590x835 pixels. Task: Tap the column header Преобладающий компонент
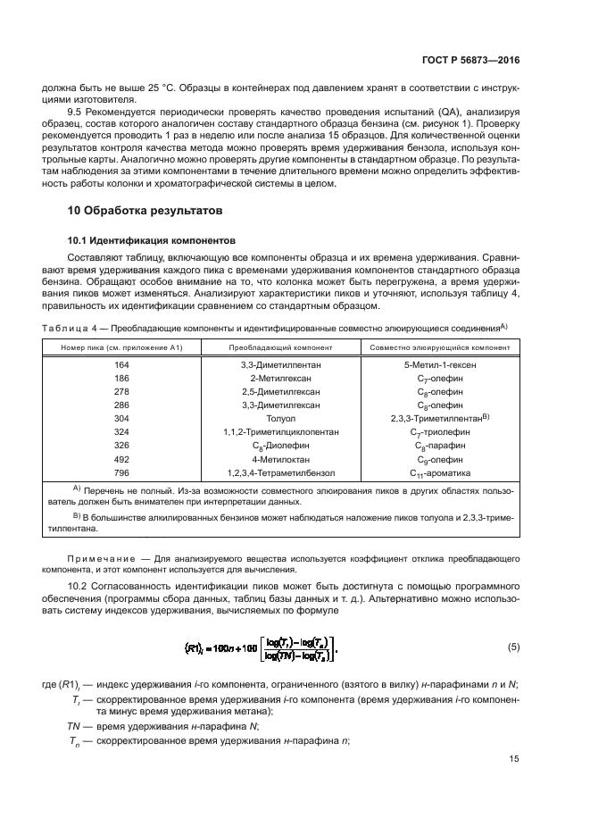280,347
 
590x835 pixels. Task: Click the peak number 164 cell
121,364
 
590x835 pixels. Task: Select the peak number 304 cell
121,418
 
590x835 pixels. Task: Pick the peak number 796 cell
121,472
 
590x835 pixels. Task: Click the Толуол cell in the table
280,418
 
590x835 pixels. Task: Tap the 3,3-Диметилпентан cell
280,364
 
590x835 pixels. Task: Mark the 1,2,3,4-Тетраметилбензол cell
280,472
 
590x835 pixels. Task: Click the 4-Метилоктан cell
280,458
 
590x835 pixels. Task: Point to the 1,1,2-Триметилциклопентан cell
280,431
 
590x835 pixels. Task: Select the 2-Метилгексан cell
280,378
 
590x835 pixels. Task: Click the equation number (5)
512,646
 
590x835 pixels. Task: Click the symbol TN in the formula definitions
75,727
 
